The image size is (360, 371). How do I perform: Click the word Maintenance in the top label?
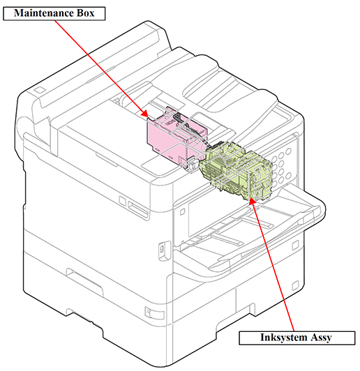click(44, 13)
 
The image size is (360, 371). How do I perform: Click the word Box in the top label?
click(85, 13)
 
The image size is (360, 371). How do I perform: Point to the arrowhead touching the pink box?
click(145, 114)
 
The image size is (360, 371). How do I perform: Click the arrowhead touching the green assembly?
click(252, 202)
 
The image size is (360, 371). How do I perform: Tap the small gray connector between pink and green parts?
click(192, 164)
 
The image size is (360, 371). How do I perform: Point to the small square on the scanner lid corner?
click(40, 90)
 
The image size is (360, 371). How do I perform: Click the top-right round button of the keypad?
click(288, 151)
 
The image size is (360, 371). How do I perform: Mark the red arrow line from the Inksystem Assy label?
click(273, 264)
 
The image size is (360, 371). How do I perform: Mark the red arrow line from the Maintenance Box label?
click(100, 68)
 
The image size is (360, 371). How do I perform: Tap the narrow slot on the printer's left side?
click(137, 209)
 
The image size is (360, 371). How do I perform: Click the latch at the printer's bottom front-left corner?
click(154, 313)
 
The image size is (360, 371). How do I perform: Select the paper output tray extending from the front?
click(251, 232)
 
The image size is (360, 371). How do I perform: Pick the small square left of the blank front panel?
click(182, 211)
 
